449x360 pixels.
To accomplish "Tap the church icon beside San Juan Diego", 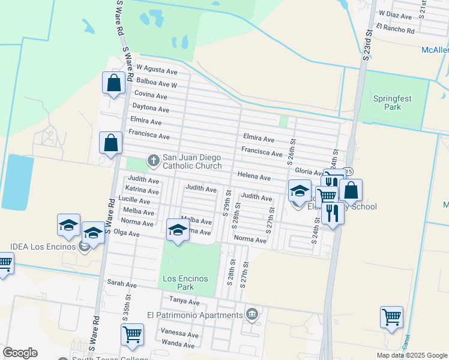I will tap(153, 160).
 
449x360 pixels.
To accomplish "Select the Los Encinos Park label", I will tap(185, 283).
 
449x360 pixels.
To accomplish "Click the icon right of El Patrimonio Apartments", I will tap(252, 314).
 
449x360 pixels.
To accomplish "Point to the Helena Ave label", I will tap(254, 177).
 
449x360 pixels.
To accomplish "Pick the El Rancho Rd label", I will tap(396, 29).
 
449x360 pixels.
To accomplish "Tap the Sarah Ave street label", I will tap(119, 282).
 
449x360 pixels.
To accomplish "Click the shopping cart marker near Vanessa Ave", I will tap(132, 335).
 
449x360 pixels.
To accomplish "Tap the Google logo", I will tap(20, 353).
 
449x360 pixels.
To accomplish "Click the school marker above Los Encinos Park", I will tap(178, 231).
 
